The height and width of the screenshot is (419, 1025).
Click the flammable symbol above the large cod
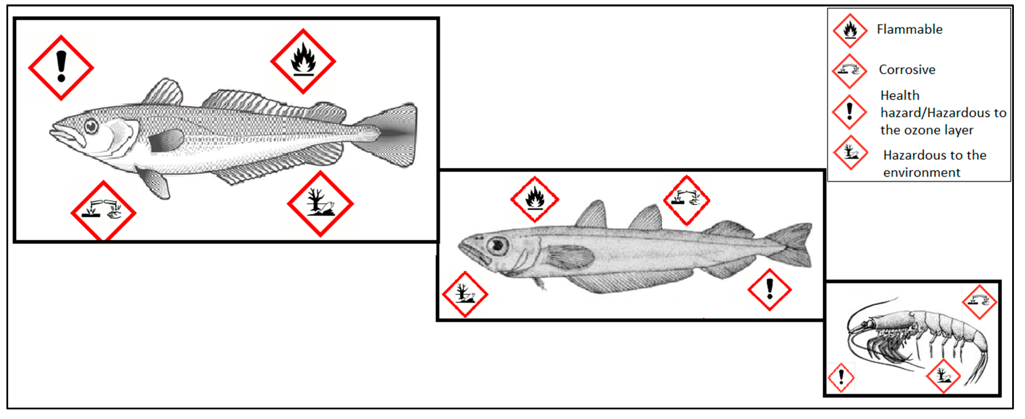tap(303, 61)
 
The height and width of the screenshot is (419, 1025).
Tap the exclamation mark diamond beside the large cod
tap(61, 68)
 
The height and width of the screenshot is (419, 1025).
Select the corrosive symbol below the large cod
tap(104, 212)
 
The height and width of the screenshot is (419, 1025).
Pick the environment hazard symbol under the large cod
tap(320, 204)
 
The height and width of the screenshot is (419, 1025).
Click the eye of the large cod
tap(91, 126)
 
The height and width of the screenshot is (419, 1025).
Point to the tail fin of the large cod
tap(392, 134)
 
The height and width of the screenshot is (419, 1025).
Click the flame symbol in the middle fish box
tap(535, 199)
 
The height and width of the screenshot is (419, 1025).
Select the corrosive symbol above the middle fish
tap(686, 200)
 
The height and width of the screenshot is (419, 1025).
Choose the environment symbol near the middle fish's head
tap(465, 294)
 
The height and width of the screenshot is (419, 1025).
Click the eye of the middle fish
tap(497, 246)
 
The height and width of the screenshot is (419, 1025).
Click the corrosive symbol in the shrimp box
tap(979, 302)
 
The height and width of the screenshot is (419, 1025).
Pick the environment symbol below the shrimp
tap(943, 376)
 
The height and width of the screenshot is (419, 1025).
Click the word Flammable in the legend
tap(910, 29)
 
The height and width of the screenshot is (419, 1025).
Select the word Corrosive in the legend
tap(907, 70)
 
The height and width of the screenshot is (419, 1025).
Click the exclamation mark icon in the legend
tap(850, 112)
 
